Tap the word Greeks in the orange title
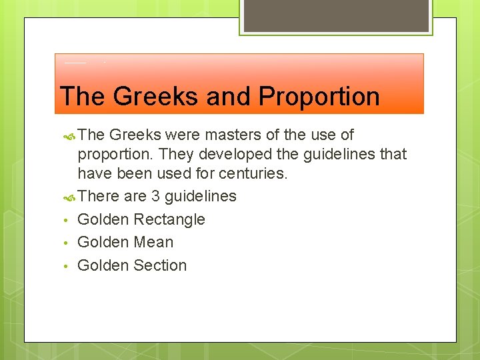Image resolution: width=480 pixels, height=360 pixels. [155, 97]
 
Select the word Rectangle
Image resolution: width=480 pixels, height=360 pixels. [169, 219]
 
